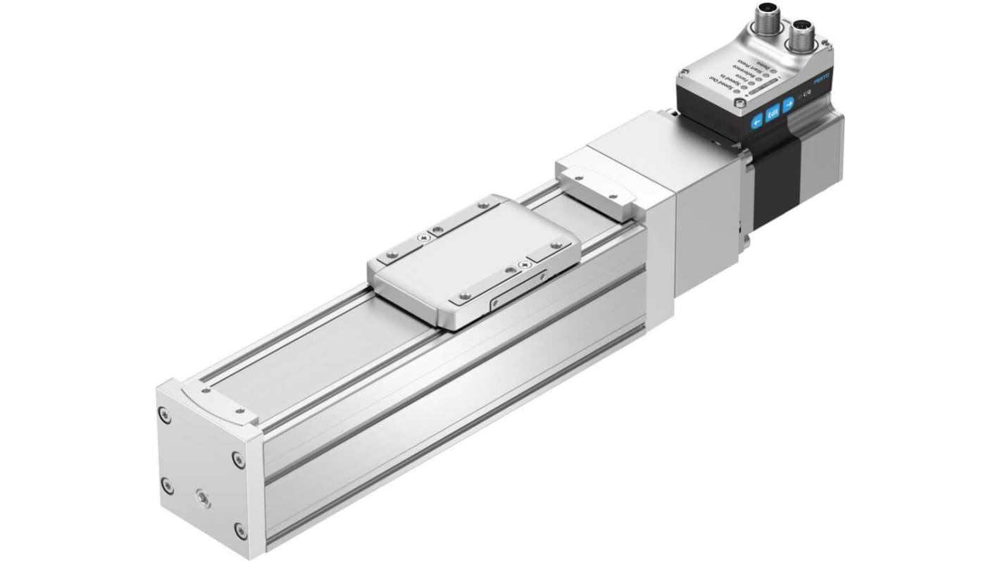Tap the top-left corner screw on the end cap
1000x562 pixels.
click(x=165, y=418)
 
